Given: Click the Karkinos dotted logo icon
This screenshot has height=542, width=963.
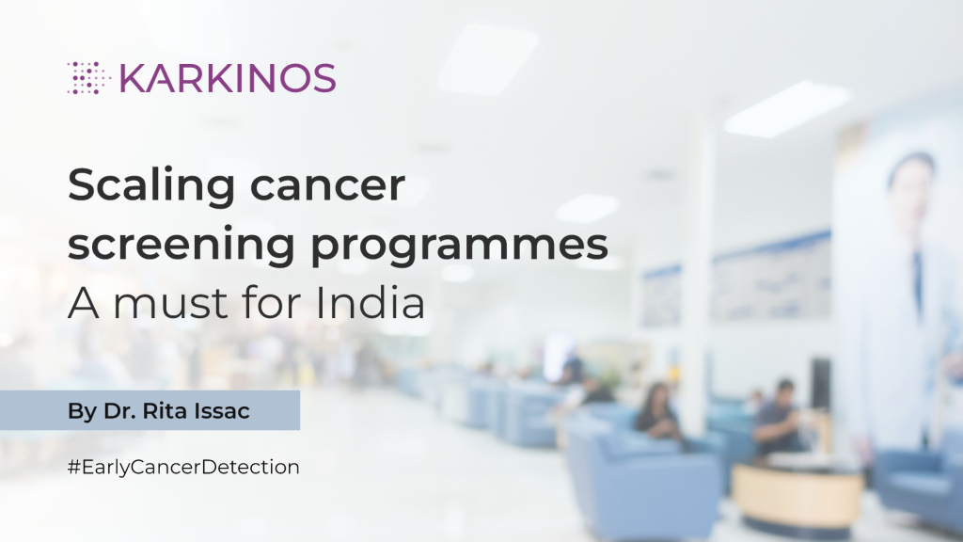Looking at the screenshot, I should [x=88, y=78].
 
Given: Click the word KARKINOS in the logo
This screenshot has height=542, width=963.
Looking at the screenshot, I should [x=228, y=78].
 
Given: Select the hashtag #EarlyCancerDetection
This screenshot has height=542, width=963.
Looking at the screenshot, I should [x=183, y=466].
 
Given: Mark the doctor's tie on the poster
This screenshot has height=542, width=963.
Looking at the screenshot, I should [x=916, y=273].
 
